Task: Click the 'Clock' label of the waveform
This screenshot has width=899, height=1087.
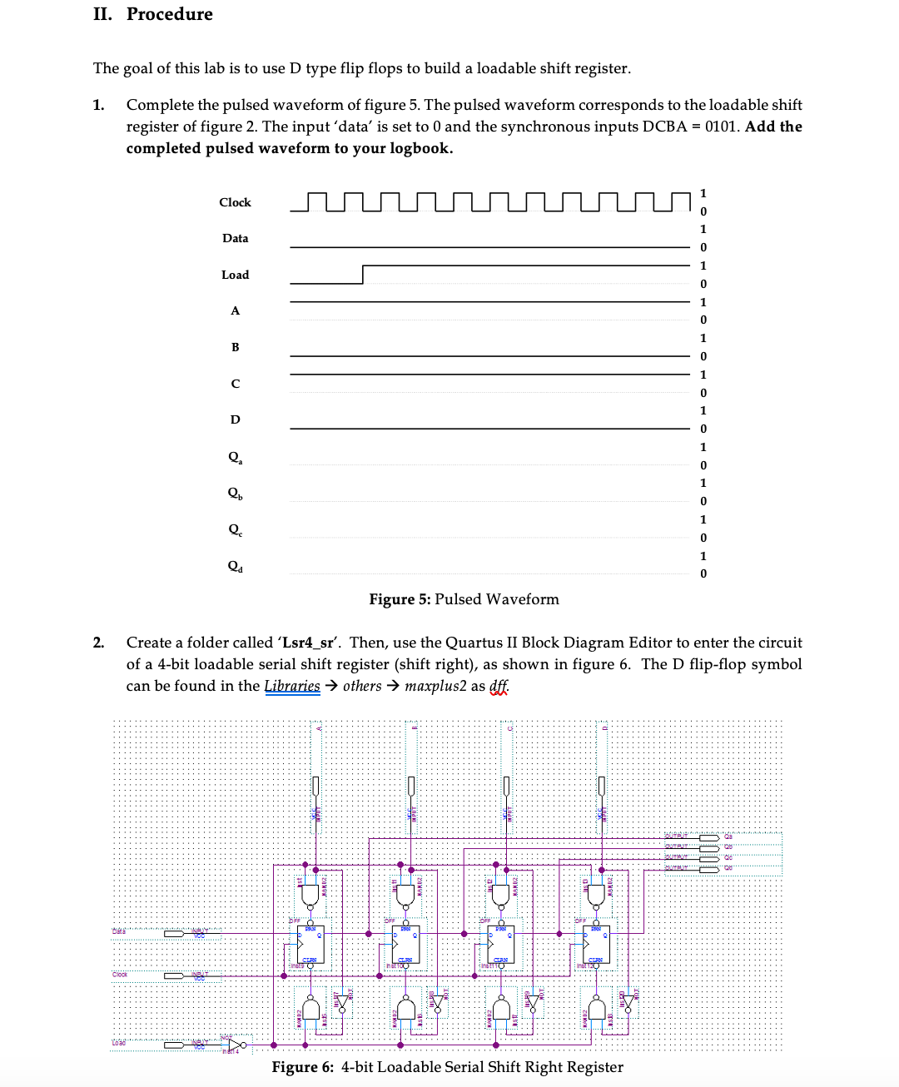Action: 235,202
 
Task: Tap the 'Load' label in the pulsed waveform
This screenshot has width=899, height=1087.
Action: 235,275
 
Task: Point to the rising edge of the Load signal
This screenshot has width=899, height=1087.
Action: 363,275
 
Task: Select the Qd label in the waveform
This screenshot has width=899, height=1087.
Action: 236,566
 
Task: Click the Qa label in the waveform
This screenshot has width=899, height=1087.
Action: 236,457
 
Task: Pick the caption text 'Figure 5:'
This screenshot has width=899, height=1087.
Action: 400,599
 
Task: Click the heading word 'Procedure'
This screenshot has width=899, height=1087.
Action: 170,14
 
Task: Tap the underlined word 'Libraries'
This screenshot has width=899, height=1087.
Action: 292,686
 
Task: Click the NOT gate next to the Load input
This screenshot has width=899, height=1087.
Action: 237,1044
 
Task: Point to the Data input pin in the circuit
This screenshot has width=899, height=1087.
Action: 175,933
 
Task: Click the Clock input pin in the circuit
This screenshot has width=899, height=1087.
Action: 175,975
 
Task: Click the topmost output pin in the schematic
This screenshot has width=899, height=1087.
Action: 708,836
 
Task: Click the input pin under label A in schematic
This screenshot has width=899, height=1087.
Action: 315,786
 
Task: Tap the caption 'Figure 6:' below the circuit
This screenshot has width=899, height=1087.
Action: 303,1067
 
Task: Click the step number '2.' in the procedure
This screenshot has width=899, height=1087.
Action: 99,643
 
